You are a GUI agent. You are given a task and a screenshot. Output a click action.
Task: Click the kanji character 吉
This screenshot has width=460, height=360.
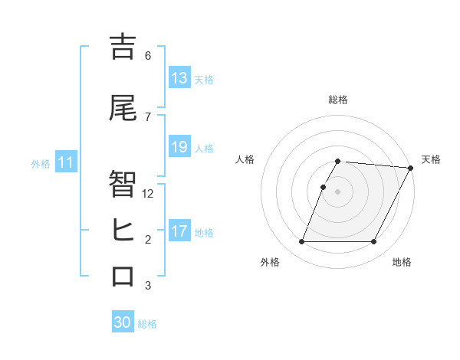tap(123, 47)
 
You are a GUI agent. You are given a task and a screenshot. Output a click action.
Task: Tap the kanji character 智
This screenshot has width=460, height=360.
tap(123, 185)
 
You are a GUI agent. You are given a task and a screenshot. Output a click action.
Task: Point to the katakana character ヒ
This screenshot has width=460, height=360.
tap(123, 230)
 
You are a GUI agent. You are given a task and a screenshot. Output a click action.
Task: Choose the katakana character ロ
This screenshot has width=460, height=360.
tap(123, 276)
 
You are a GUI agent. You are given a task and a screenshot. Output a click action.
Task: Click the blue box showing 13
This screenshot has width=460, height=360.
tap(179, 78)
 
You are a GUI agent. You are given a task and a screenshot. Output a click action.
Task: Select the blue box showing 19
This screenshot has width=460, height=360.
tap(179, 147)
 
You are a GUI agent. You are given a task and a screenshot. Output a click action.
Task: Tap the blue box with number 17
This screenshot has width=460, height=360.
tap(179, 231)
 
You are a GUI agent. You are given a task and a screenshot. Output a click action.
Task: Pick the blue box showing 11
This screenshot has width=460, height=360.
tap(65, 162)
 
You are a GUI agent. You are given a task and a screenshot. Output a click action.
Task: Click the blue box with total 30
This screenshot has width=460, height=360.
tap(123, 322)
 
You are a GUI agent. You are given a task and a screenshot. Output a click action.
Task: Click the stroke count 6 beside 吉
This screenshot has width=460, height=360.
tap(148, 56)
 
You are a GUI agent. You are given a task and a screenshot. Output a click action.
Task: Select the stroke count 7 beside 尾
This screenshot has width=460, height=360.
tap(148, 117)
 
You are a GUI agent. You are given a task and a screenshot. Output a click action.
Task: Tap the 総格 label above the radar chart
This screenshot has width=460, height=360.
tap(338, 100)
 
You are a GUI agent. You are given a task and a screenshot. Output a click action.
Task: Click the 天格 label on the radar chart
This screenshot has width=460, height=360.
tap(431, 159)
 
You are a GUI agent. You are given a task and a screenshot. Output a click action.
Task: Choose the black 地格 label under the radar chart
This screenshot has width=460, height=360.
tap(402, 262)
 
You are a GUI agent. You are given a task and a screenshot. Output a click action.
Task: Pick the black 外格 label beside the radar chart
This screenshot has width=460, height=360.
tap(270, 262)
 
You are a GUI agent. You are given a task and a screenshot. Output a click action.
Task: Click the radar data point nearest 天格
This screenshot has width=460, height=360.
tap(410, 168)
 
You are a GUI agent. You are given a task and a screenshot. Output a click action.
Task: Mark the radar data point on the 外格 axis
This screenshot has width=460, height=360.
tap(301, 242)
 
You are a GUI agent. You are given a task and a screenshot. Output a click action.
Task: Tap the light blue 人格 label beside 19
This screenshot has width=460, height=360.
tap(204, 148)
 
